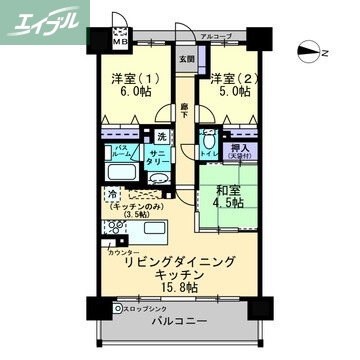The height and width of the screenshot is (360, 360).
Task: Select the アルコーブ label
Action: (x=215, y=37)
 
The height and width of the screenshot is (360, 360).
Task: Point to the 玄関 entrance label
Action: (x=187, y=58)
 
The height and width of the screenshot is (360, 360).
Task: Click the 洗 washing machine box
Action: (x=160, y=135)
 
